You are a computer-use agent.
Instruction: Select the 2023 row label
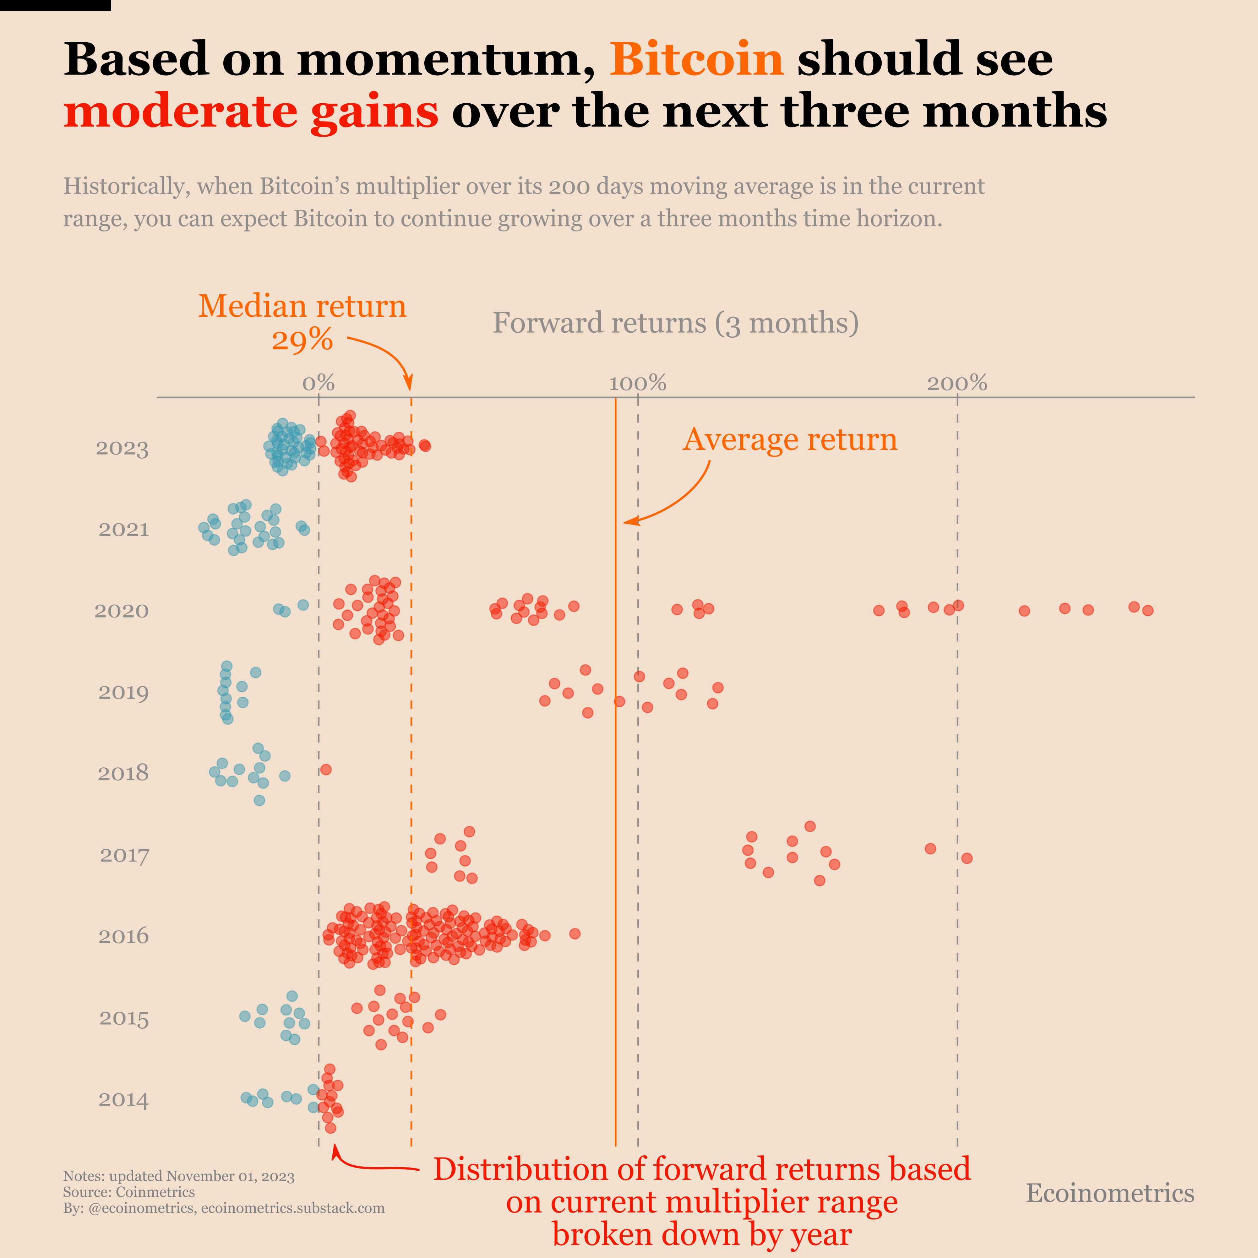click(x=122, y=449)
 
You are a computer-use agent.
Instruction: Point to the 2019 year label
click(x=123, y=692)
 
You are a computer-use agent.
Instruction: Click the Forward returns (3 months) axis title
click(x=675, y=323)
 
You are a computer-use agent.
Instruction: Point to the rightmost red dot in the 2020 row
click(x=1147, y=610)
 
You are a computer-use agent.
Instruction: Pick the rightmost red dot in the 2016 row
click(x=574, y=934)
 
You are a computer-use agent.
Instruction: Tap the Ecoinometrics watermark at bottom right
click(x=1110, y=1193)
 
